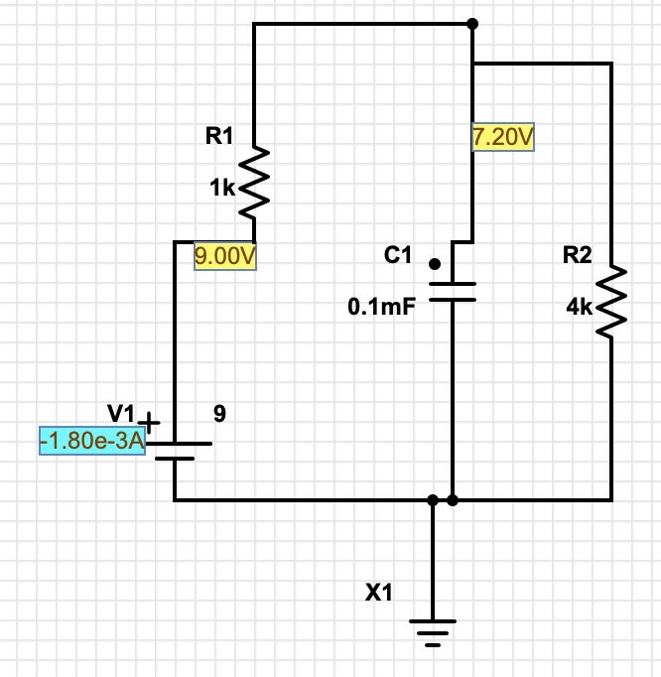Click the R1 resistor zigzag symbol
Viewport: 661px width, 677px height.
pyautogui.click(x=254, y=182)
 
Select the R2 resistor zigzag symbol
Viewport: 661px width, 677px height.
pyautogui.click(x=610, y=301)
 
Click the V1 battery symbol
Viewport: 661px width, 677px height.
pyautogui.click(x=175, y=452)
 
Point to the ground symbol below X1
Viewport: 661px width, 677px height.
pyautogui.click(x=433, y=631)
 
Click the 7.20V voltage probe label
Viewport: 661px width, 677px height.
pyautogui.click(x=503, y=137)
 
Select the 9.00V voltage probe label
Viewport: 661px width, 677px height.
pyautogui.click(x=225, y=256)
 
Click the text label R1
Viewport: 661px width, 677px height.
pyautogui.click(x=217, y=138)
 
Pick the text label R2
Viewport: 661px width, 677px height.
pyautogui.click(x=577, y=255)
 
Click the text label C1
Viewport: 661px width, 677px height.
pyautogui.click(x=397, y=255)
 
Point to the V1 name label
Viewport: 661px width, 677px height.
pyautogui.click(x=120, y=412)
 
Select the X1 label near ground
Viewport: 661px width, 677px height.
pyautogui.click(x=379, y=594)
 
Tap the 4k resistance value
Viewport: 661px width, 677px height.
pyautogui.click(x=578, y=308)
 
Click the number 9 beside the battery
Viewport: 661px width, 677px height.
pyautogui.click(x=219, y=415)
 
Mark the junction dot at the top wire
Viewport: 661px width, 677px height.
pyautogui.click(x=472, y=24)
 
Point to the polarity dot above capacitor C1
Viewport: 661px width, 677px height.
pyautogui.click(x=434, y=264)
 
